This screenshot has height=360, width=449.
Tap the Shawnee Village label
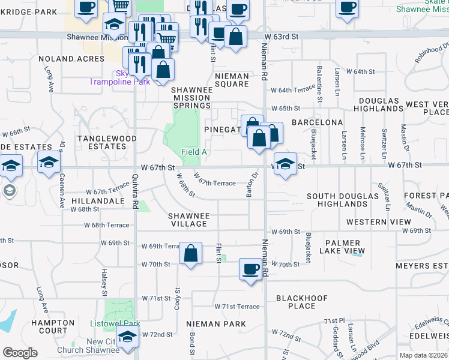pyautogui.click(x=188, y=220)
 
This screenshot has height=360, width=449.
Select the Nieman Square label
pyautogui.click(x=232, y=80)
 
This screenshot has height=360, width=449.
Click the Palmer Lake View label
pyautogui.click(x=345, y=246)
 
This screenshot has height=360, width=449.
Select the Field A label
pyautogui.click(x=194, y=152)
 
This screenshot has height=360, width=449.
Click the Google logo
pyautogui.click(x=20, y=353)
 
